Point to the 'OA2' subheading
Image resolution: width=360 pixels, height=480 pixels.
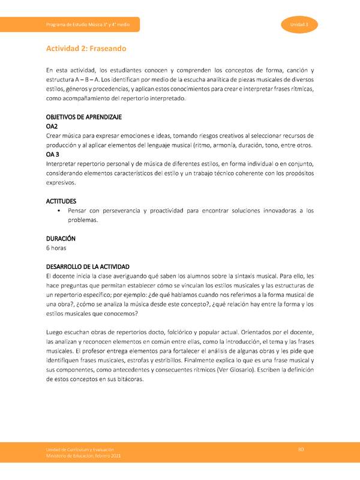point(52,127)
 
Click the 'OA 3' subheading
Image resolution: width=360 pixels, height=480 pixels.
point(53,154)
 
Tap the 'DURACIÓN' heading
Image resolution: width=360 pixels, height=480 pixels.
point(61,238)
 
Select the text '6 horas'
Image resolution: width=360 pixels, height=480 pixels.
point(58,247)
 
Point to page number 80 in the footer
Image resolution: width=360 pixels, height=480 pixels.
point(302,449)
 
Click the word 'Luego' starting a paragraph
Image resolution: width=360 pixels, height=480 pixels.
point(56,332)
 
